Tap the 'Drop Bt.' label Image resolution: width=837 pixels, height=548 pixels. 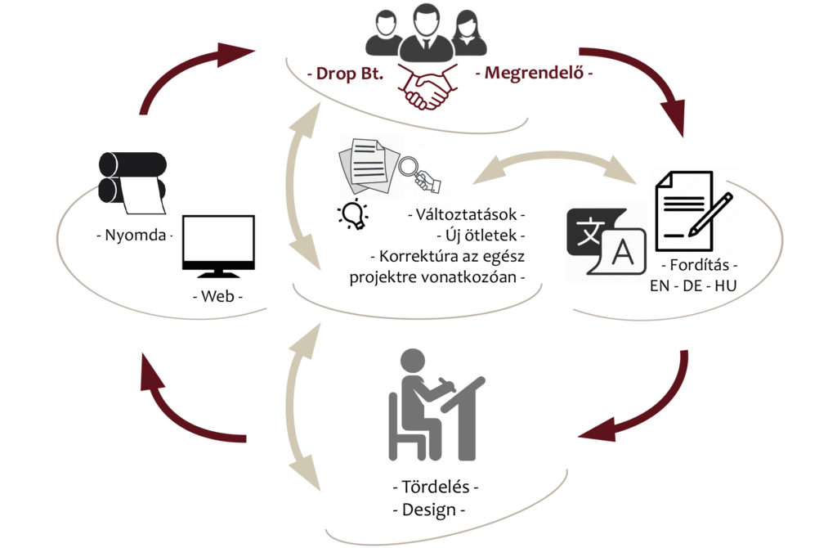(x=350, y=73)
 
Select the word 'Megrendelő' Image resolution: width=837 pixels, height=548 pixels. (x=534, y=73)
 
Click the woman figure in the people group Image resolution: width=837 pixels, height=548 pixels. (x=468, y=33)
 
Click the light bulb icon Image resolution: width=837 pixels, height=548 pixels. (x=353, y=215)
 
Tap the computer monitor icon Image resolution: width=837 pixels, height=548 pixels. (x=218, y=246)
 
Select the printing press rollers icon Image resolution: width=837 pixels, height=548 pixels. (x=132, y=182)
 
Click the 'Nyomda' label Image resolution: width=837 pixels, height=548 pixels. (x=135, y=235)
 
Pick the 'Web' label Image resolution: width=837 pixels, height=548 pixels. (x=217, y=296)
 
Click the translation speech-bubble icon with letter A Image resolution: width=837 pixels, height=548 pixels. (x=606, y=241)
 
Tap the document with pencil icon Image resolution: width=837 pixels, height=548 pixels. (x=693, y=211)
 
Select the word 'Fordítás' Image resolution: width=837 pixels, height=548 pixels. (x=700, y=264)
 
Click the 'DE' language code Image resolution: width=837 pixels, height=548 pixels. (x=692, y=285)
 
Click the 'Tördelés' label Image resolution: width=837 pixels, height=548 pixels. (x=436, y=487)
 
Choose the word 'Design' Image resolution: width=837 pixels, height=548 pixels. (x=429, y=510)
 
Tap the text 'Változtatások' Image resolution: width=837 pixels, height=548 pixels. (x=467, y=214)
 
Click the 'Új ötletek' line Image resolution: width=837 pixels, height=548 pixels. (x=481, y=235)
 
